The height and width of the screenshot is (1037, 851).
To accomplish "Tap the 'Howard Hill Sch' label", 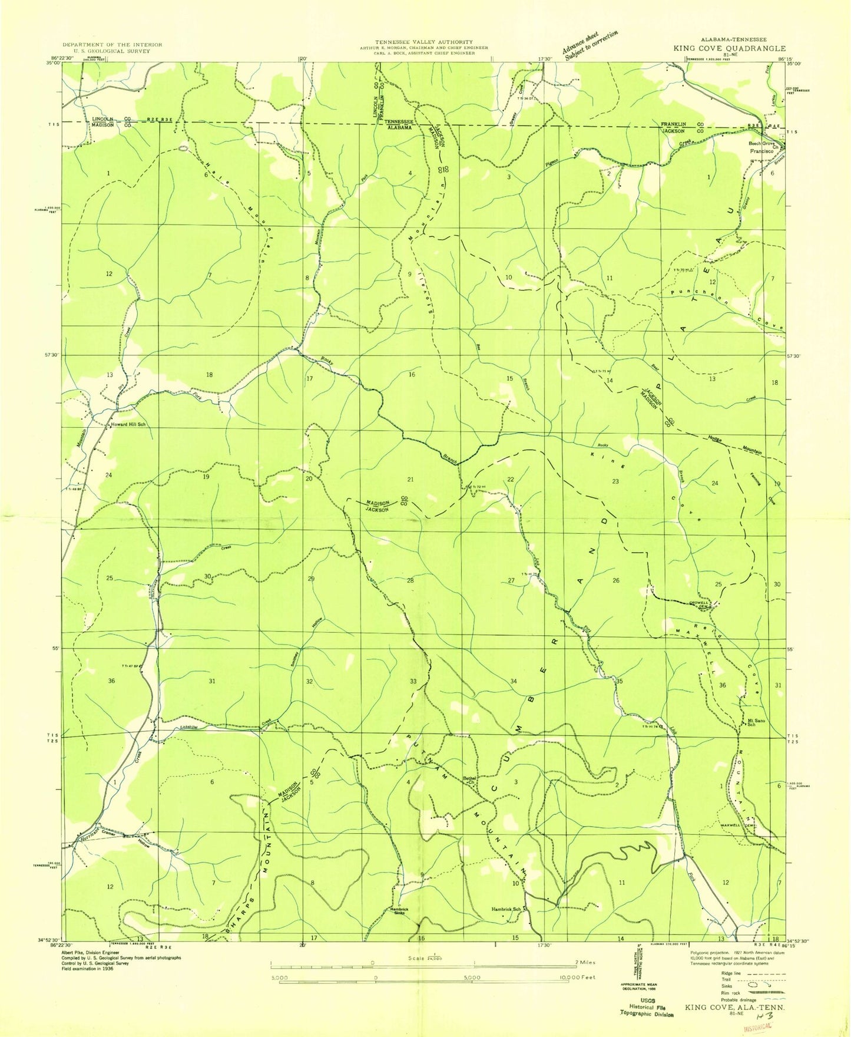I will [x=127, y=424].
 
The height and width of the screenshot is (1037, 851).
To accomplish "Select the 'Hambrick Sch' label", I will [x=506, y=909].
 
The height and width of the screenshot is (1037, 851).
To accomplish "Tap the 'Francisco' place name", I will [x=761, y=151].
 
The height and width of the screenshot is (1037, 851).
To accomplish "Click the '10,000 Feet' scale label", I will [x=575, y=977].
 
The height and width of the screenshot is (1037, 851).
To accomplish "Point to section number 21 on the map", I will [x=410, y=480].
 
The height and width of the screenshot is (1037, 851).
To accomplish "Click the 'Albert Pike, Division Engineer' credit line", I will [x=91, y=952].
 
